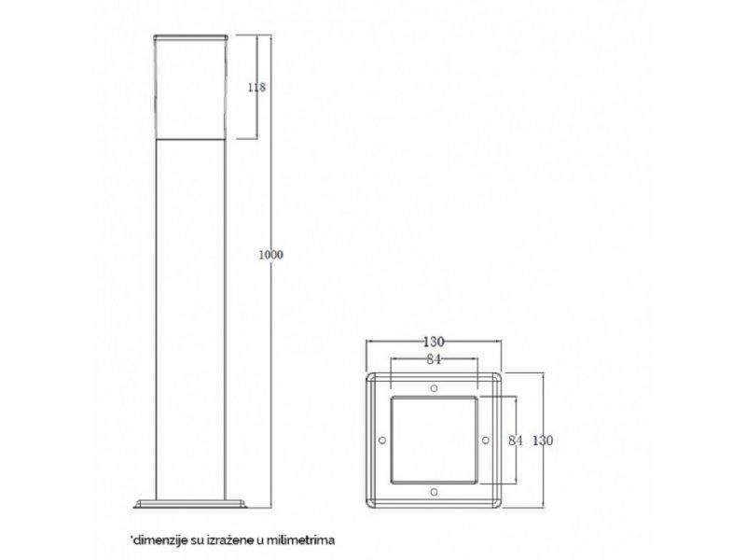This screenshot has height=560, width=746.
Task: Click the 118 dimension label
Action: click(x=256, y=88)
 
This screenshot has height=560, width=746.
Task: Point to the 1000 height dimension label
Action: click(x=270, y=254)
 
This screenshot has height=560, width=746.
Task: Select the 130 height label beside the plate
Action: click(x=540, y=440)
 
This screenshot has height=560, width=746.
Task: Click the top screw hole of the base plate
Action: click(x=434, y=386)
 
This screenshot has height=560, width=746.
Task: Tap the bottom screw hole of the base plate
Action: click(x=434, y=490)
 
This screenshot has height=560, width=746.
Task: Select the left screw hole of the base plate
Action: click(x=381, y=439)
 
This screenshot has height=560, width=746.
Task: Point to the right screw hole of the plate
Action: click(x=486, y=439)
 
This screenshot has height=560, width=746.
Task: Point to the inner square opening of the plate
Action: click(x=434, y=439)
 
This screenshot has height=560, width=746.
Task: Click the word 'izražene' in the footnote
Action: click(x=229, y=539)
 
